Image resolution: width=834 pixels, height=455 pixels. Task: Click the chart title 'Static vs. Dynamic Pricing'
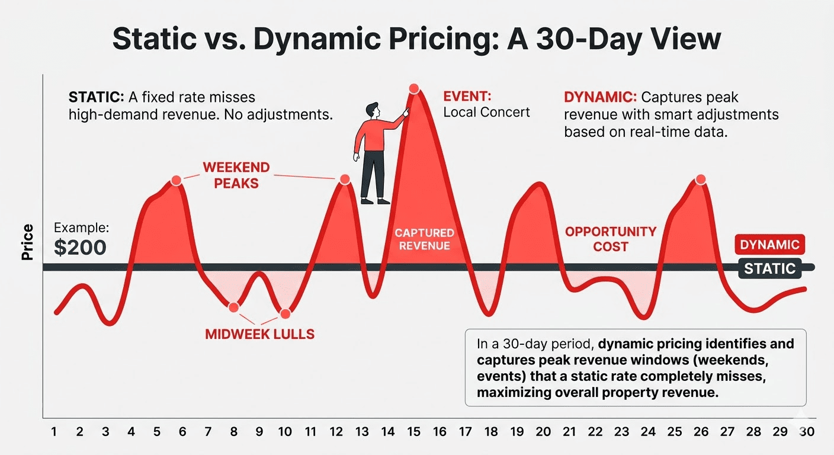pyautogui.click(x=416, y=40)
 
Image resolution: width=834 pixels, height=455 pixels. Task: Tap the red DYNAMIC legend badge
pyautogui.click(x=769, y=245)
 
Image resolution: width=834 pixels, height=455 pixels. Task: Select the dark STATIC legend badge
pyautogui.click(x=769, y=268)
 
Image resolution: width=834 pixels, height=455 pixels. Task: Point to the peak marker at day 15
pyautogui.click(x=414, y=89)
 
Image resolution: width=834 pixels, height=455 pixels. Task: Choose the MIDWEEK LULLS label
pyautogui.click(x=259, y=334)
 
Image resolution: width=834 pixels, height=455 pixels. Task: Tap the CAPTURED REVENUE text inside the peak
pyautogui.click(x=424, y=239)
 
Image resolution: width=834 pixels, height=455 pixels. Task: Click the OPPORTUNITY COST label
pyautogui.click(x=610, y=239)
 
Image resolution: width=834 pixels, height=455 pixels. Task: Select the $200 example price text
pyautogui.click(x=80, y=248)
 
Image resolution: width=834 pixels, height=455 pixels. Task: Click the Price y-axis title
pyautogui.click(x=27, y=242)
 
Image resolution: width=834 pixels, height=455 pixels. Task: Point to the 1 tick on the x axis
pyautogui.click(x=54, y=432)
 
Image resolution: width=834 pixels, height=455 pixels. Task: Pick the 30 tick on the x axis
pyautogui.click(x=806, y=432)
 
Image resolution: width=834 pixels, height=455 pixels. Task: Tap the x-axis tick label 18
pyautogui.click(x=490, y=432)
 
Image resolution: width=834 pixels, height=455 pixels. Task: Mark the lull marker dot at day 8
pyautogui.click(x=233, y=307)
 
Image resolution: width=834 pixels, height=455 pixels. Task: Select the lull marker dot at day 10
pyautogui.click(x=285, y=314)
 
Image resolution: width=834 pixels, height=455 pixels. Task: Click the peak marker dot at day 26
pyautogui.click(x=700, y=180)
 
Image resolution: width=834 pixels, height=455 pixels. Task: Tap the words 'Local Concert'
pyautogui.click(x=486, y=112)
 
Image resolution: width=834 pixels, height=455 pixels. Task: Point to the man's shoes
pyautogui.click(x=376, y=201)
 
